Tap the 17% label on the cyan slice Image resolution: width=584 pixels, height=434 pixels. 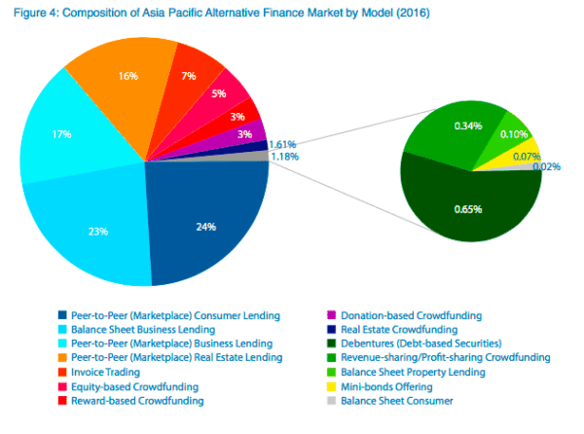point(62,133)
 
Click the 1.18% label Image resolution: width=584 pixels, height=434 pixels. point(283,156)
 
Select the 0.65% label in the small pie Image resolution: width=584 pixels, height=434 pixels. point(469,209)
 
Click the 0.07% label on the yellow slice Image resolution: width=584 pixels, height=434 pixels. point(527,157)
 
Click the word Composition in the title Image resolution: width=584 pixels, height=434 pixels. point(99,15)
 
